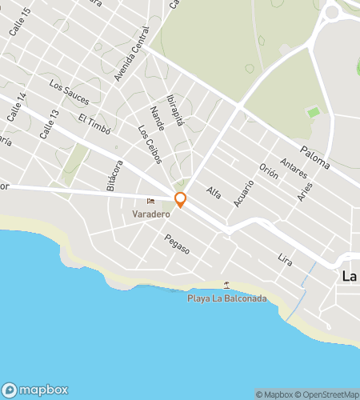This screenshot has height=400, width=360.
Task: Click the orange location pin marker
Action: tap(181, 200)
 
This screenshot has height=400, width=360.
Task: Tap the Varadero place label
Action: tap(151, 214)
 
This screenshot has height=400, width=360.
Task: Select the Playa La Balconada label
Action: tap(226, 298)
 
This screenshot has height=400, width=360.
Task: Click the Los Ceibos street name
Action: tap(150, 145)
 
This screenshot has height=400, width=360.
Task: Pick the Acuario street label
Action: tap(243, 194)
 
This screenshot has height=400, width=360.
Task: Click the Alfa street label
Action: tap(213, 193)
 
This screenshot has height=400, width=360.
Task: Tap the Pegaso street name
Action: tap(177, 244)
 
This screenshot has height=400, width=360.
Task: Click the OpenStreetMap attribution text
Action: tap(329, 394)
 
